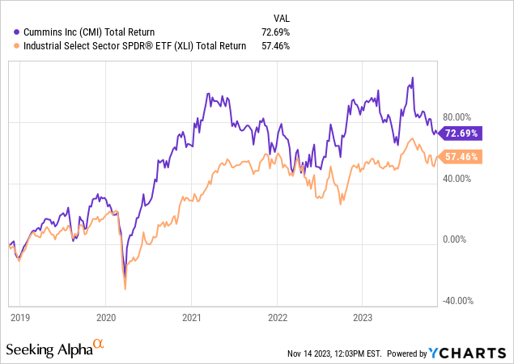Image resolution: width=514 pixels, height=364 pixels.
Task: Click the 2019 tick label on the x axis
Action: tap(19, 320)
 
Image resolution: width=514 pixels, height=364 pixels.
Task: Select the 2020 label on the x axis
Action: tap(106, 320)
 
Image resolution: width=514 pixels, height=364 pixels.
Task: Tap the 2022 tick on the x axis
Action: tap(277, 320)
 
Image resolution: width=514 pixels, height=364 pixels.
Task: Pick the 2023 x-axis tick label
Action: tap(363, 320)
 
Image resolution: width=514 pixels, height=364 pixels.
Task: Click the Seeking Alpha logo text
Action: tap(49, 350)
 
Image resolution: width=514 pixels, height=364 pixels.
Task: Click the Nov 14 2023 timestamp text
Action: tap(333, 353)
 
